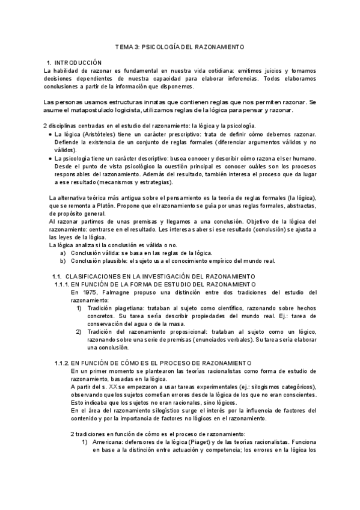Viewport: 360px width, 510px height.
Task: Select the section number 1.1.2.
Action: pos(61,363)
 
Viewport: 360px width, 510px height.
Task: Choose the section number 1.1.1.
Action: pos(61,284)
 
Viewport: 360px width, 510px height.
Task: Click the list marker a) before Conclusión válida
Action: pos(63,253)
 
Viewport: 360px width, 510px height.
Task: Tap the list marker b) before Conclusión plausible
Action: pos(63,260)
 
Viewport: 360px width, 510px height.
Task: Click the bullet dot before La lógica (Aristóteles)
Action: pos(49,134)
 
